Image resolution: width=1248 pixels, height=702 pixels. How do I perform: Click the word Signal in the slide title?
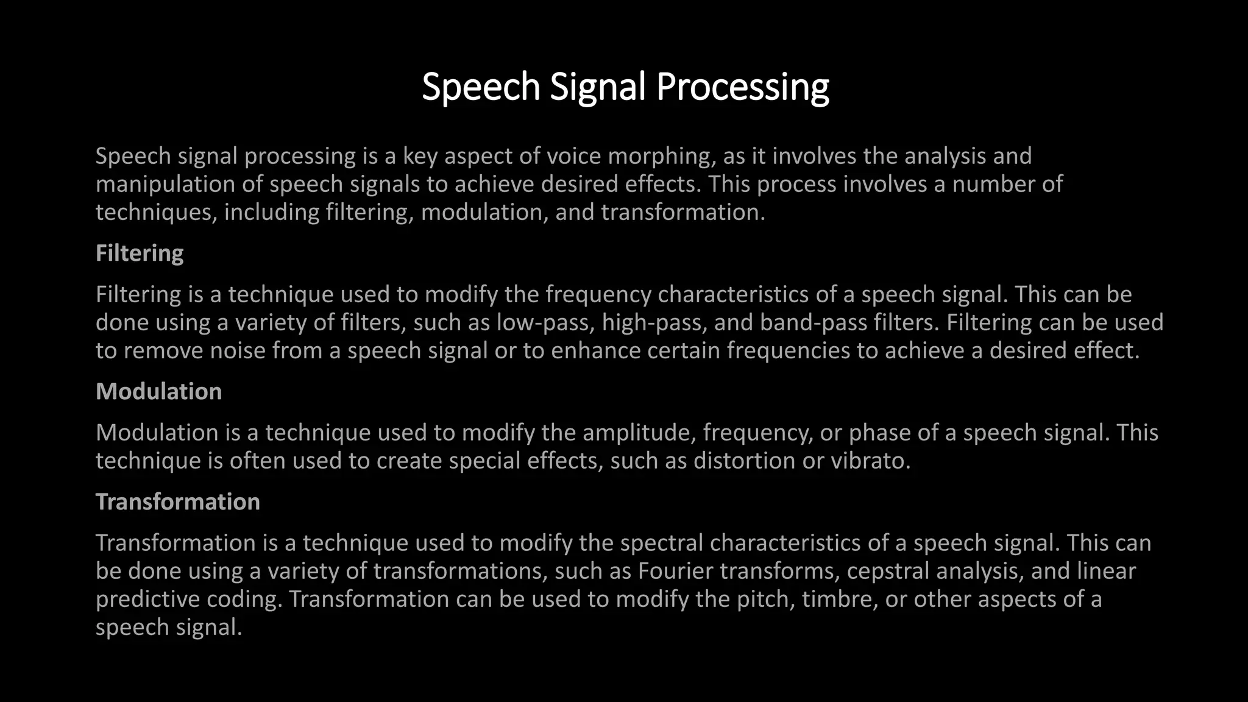(x=597, y=87)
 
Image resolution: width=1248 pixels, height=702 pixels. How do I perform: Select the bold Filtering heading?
(x=140, y=253)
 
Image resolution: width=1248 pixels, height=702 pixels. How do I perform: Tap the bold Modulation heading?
(x=158, y=391)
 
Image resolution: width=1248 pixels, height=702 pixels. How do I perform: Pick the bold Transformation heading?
(x=178, y=502)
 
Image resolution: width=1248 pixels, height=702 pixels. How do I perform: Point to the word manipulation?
(x=165, y=185)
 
